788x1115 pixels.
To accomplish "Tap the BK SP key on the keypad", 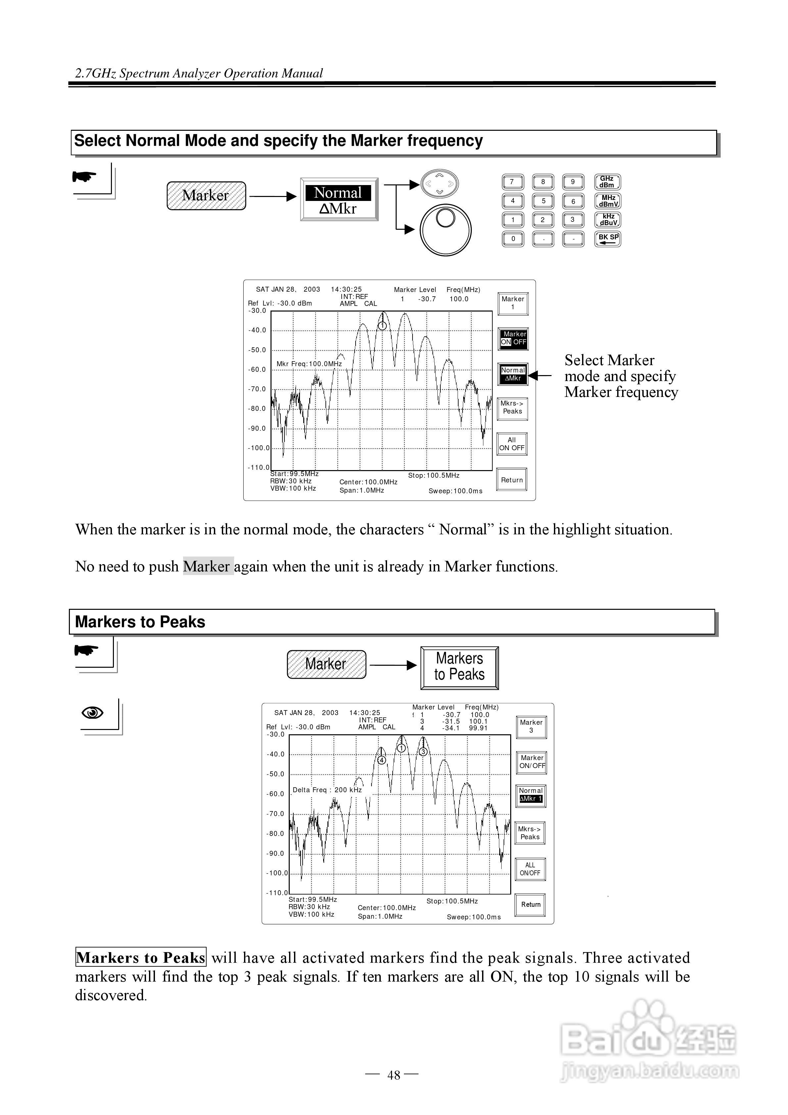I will pos(607,238).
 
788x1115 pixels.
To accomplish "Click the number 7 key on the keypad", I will pos(513,182).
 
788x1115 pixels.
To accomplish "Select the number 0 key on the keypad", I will pos(513,238).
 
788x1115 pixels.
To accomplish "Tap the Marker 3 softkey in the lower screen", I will pos(531,726).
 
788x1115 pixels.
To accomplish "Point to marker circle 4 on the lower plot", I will pos(382,760).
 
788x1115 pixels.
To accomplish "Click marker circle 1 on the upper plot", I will pos(382,325).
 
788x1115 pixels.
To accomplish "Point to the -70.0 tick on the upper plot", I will pos(258,389).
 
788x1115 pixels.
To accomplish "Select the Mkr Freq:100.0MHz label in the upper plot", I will pos(309,364).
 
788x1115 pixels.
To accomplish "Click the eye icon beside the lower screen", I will pos(92,712).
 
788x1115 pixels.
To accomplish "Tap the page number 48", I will pos(394,1075).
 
